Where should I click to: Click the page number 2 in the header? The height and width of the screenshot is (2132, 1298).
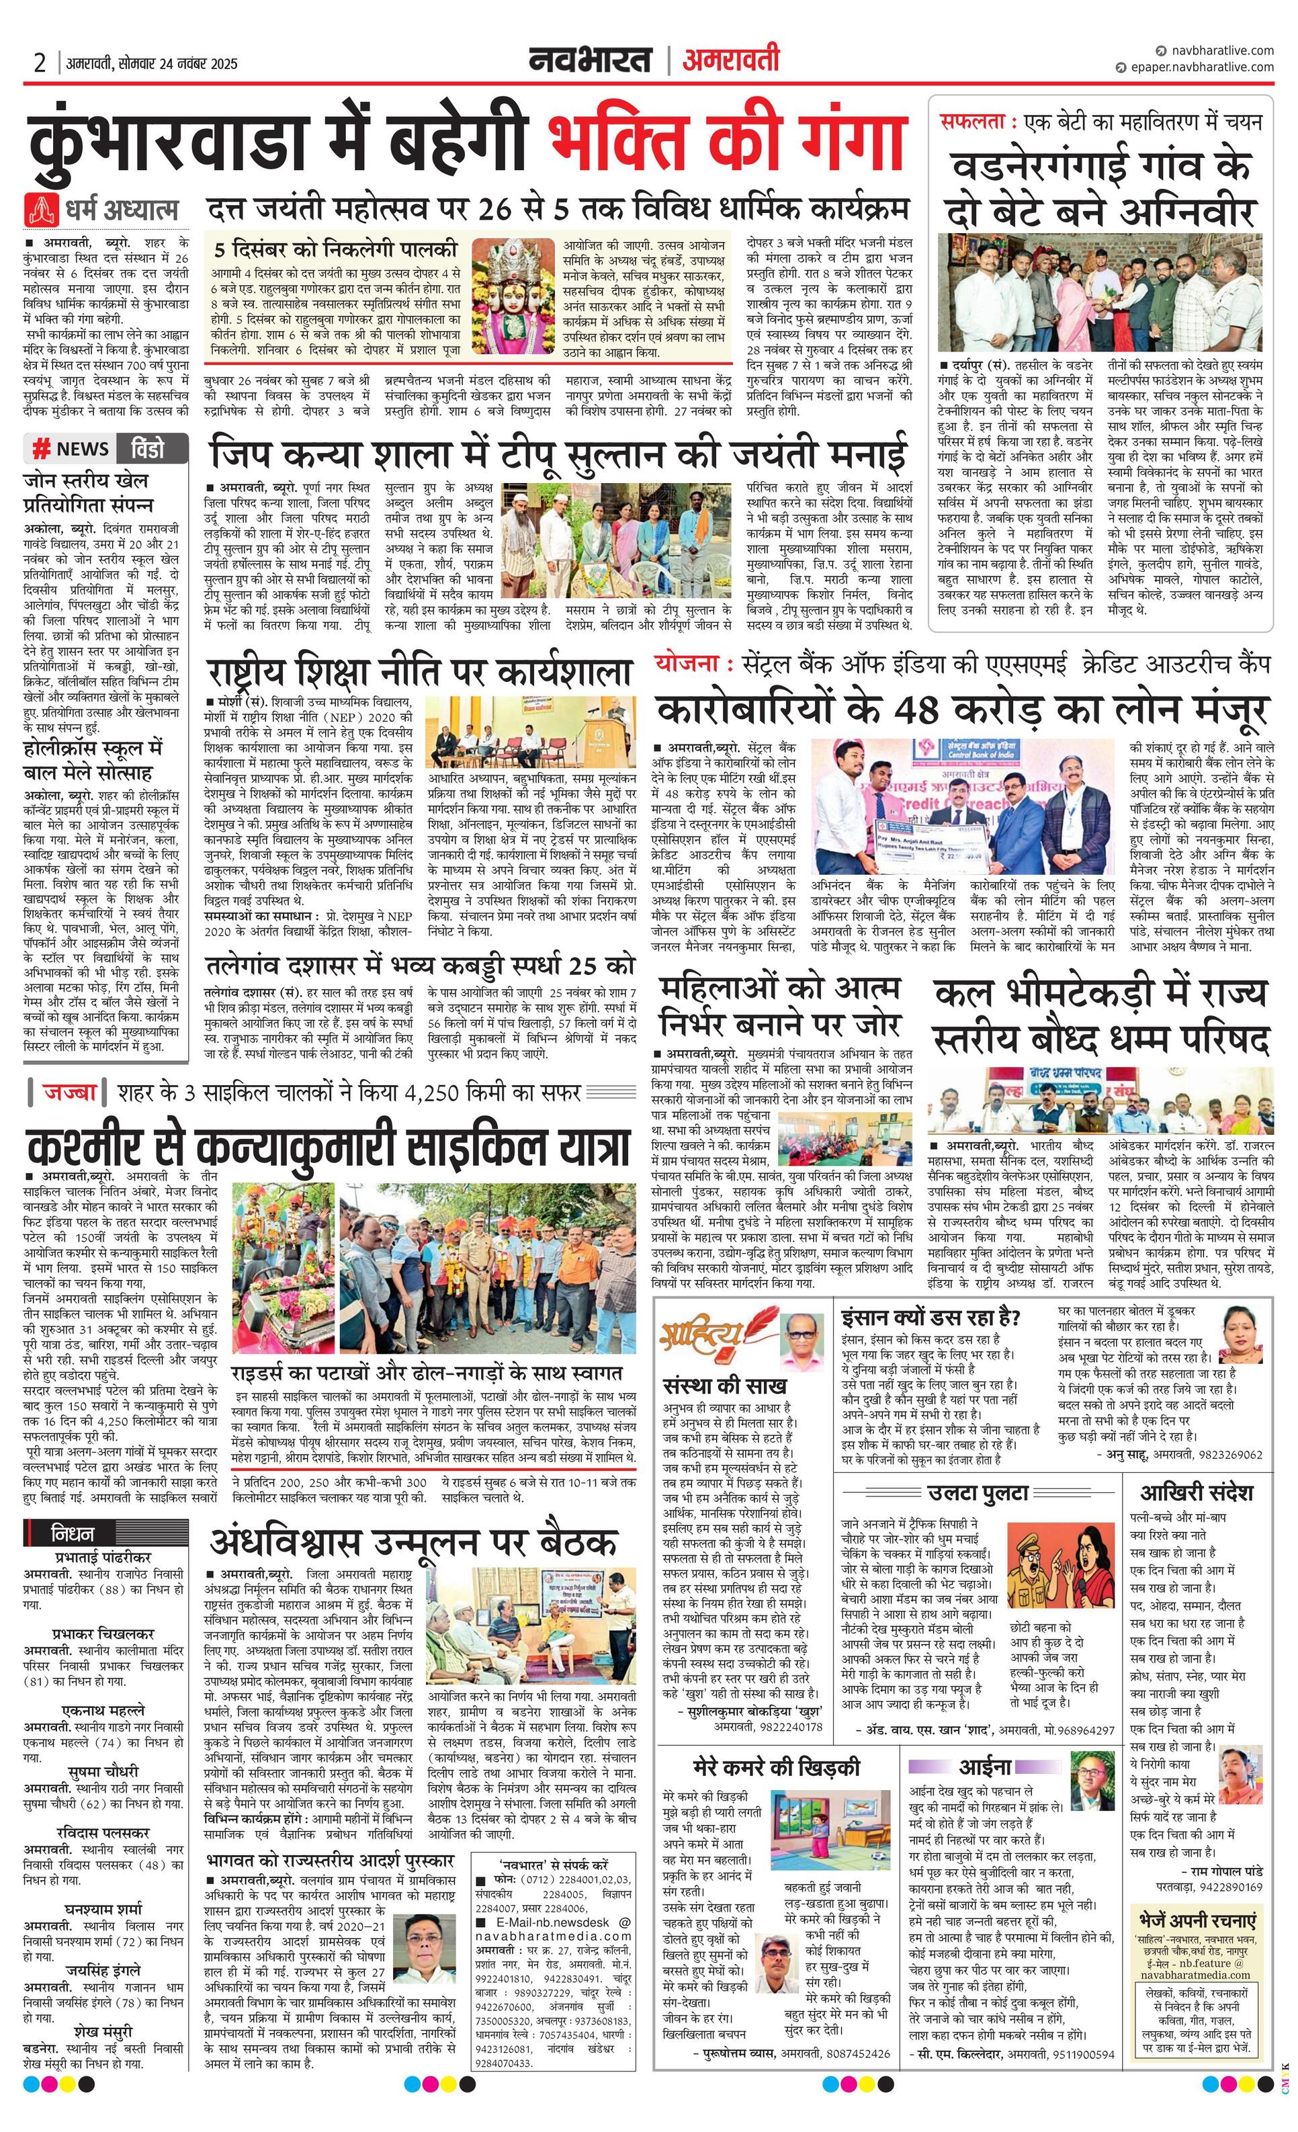(40, 63)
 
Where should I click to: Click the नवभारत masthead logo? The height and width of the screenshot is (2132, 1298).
(591, 60)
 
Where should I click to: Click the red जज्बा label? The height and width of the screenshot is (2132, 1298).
(69, 1092)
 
